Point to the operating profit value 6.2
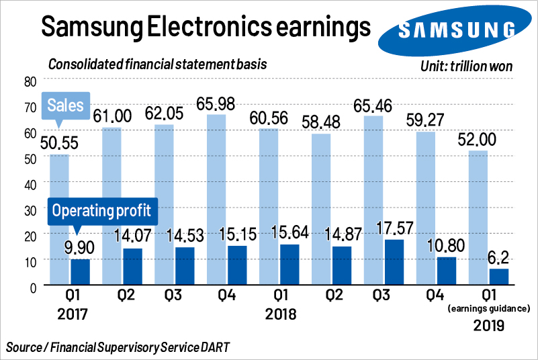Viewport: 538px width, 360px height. [x=500, y=257]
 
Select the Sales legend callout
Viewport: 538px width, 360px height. [x=65, y=105]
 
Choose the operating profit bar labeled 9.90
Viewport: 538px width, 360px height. [x=81, y=272]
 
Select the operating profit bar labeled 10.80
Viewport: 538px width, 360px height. [x=447, y=271]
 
